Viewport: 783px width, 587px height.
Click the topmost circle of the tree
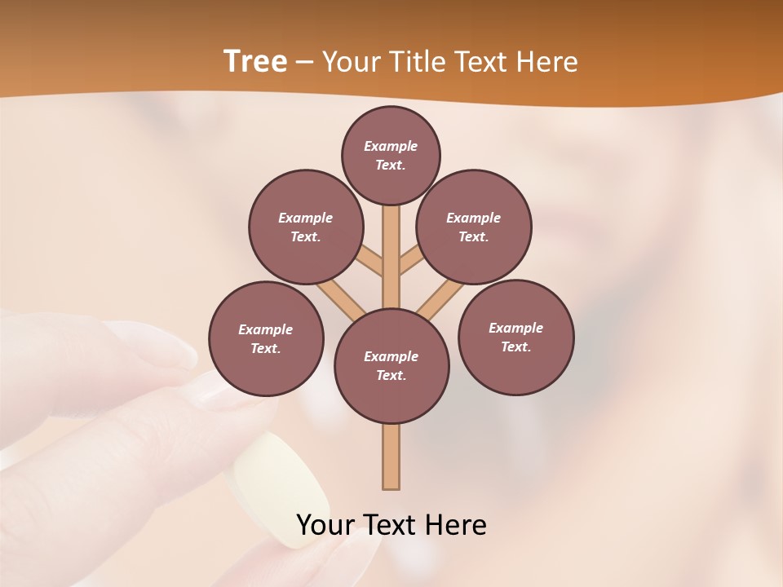point(391,155)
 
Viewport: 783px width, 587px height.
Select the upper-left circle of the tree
point(306,227)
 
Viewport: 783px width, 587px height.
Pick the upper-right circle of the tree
point(474,227)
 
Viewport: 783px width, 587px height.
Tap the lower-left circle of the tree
point(266,339)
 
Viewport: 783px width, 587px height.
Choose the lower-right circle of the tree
point(516,338)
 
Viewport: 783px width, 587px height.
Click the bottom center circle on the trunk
point(391,366)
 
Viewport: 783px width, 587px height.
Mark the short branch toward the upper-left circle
point(369,260)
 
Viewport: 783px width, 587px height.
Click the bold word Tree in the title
point(255,62)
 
